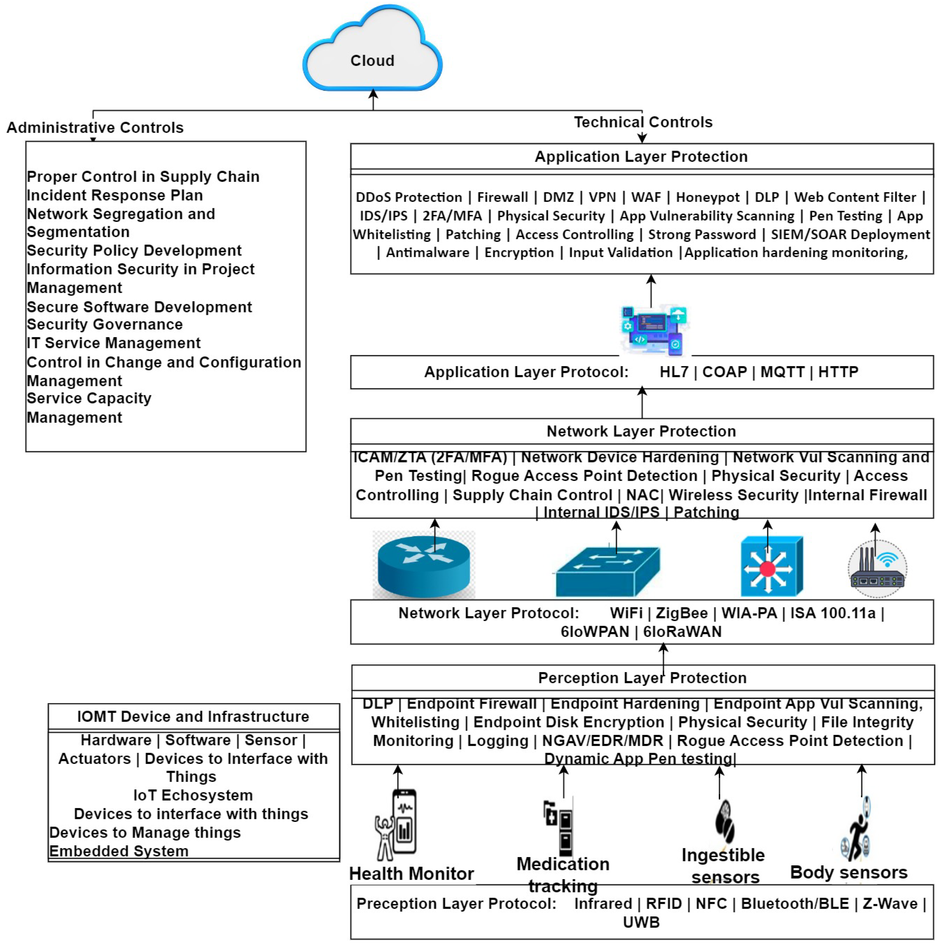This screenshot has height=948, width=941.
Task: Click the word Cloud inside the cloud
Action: click(372, 61)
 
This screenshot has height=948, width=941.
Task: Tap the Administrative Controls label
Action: click(95, 127)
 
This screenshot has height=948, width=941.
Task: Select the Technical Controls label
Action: click(643, 122)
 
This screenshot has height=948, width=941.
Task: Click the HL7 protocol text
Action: click(674, 372)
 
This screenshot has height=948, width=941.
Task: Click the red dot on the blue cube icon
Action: click(767, 569)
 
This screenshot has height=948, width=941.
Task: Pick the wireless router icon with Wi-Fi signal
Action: click(877, 569)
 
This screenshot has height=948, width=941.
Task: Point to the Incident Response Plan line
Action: click(115, 195)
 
